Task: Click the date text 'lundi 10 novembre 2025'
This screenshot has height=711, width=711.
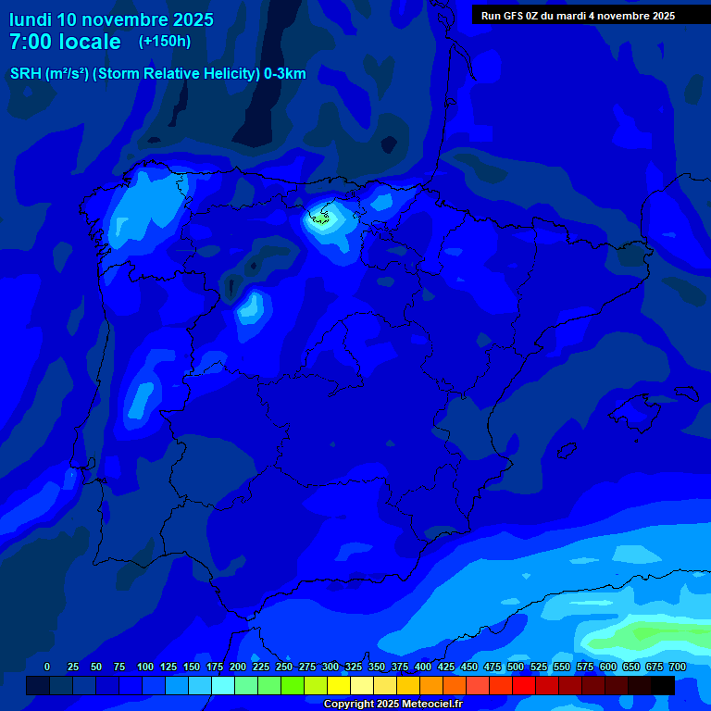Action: coord(111,19)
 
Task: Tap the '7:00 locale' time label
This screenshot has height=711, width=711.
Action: coord(65,42)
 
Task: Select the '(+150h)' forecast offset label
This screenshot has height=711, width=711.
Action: coord(164,42)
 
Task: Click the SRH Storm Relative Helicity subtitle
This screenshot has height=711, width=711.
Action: coord(157,74)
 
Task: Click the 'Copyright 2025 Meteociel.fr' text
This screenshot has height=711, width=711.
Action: coord(393,705)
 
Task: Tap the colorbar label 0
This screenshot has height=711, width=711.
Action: coord(47,667)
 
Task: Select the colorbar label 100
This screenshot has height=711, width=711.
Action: coord(144,667)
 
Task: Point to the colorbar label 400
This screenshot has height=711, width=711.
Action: coord(423,667)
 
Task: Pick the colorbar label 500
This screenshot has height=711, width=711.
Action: coord(516,667)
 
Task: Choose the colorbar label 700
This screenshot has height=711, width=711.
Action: coord(677,667)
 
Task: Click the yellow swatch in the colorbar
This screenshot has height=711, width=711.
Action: coord(339,686)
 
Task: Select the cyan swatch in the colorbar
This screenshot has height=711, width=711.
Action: coord(223,686)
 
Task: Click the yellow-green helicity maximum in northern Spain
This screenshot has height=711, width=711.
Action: coord(321,218)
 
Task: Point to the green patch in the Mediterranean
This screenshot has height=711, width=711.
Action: coord(648,637)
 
